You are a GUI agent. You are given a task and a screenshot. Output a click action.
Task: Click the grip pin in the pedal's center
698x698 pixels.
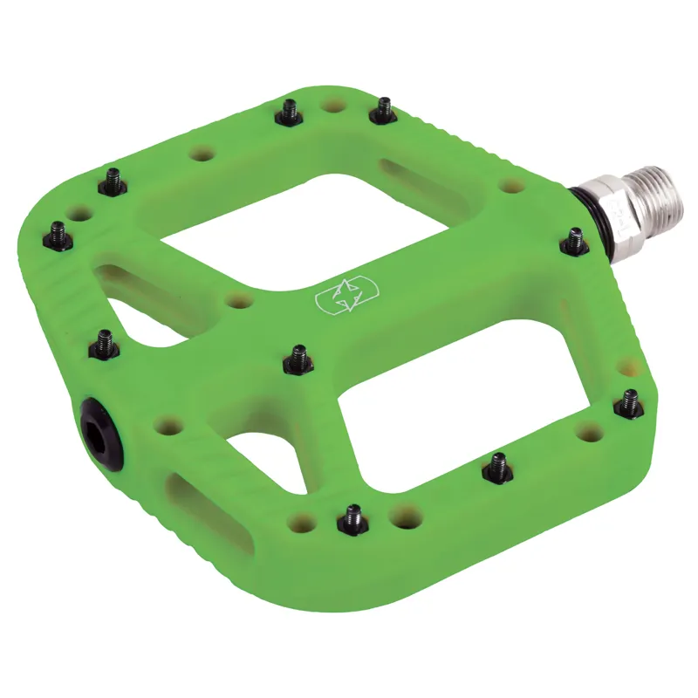299,356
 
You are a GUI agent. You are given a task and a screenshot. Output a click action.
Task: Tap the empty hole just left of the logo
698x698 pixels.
239,301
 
